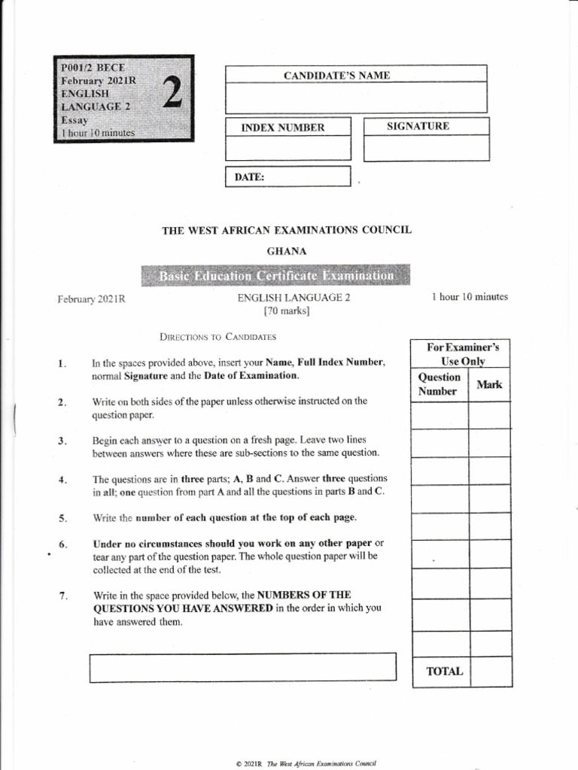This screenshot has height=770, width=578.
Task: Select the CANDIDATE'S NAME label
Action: pos(336,75)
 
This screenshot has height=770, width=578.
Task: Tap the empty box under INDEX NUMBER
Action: pos(288,148)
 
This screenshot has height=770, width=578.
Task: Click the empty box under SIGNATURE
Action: pos(426,149)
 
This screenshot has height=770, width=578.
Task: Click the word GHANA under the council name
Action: pos(287,251)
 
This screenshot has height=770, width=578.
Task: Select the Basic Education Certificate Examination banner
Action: pos(275,276)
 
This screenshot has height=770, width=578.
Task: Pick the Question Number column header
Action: pos(439,384)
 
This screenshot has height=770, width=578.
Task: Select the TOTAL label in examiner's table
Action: pos(445,671)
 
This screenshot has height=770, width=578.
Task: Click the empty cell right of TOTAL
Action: pos(490,671)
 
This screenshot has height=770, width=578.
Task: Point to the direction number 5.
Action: pos(62,518)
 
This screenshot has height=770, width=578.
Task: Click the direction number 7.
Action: pos(62,596)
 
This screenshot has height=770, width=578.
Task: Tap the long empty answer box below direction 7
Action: pos(242,667)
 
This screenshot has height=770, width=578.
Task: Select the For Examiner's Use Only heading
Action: pos(462,354)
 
